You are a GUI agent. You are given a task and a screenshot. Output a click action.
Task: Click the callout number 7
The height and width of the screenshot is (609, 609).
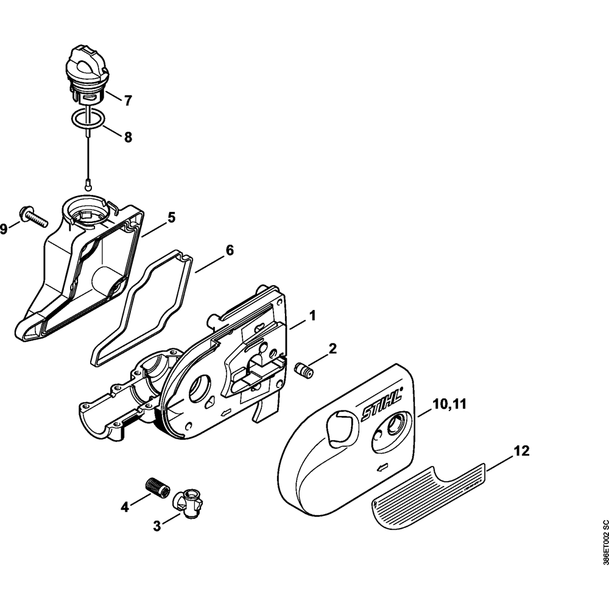pos(128,101)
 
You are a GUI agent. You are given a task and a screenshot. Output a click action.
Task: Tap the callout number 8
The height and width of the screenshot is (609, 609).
pos(128,138)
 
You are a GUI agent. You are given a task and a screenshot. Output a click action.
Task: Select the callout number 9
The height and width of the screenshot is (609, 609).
pos(4,229)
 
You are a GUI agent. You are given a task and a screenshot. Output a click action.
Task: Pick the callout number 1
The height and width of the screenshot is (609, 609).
pos(312,315)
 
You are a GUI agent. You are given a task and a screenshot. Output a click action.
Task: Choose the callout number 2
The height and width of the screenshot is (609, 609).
pos(333,348)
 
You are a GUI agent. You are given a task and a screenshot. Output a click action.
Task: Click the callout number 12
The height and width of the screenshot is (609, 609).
pos(521,451)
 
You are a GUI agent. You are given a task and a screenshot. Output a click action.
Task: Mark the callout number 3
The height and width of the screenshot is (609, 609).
pos(157,526)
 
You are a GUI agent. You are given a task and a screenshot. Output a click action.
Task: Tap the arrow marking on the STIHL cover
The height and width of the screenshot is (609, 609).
pos(383,468)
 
